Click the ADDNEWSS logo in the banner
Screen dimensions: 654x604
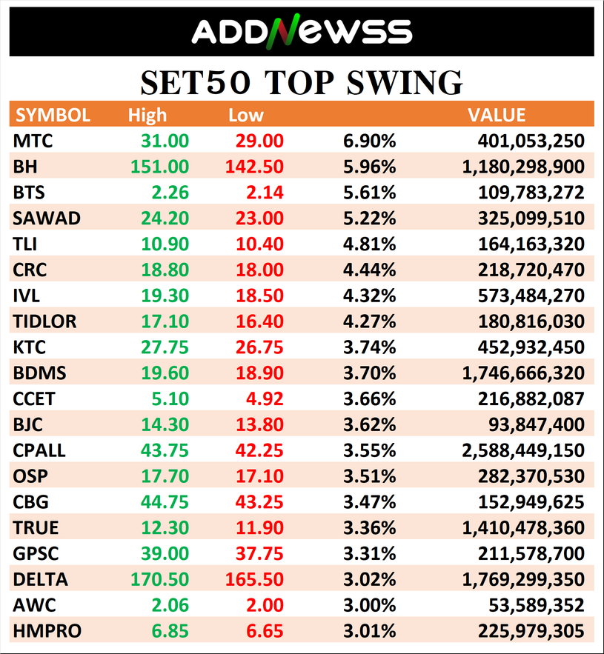(302, 31)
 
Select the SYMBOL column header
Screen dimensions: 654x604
(53, 115)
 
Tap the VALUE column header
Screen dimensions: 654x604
(497, 115)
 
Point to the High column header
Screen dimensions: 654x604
(147, 115)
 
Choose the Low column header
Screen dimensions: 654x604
(246, 115)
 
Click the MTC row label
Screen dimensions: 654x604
(33, 141)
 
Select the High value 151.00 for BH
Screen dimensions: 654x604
(159, 167)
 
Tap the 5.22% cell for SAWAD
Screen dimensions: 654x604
(369, 218)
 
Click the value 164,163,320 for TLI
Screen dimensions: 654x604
(532, 244)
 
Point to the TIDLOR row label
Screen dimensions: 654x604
(44, 321)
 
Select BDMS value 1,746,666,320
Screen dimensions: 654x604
(523, 373)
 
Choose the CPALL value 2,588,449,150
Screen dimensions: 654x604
(523, 450)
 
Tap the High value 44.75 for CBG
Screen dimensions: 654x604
(165, 502)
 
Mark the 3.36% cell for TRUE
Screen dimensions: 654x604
(369, 528)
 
